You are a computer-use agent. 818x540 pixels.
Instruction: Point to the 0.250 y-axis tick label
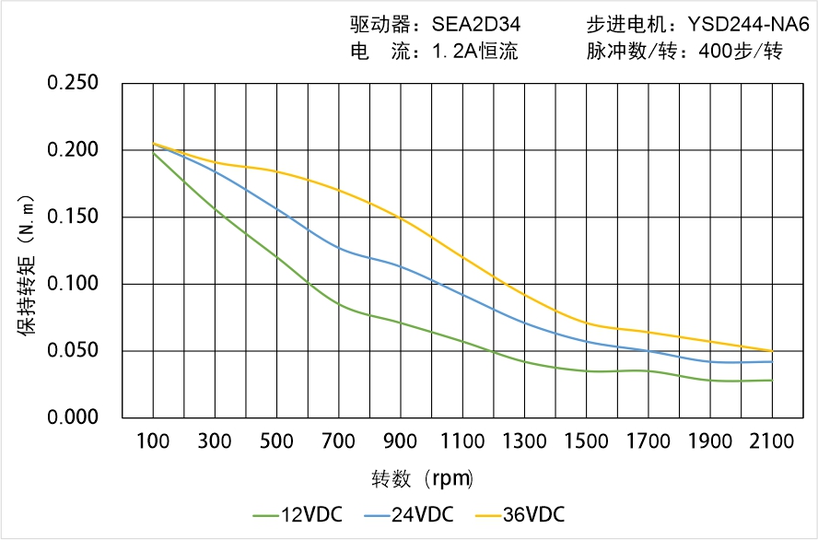pos(73,83)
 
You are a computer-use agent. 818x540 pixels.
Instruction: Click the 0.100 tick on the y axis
pos(73,284)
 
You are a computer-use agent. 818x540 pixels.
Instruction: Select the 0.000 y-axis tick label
pos(73,417)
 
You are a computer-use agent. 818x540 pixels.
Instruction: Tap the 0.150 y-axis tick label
pos(73,217)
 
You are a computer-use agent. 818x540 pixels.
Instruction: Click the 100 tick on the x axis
pos(153,441)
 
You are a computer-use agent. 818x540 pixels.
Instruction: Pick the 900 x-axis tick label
pos(400,441)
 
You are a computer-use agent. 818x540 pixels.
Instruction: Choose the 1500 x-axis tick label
pos(586,441)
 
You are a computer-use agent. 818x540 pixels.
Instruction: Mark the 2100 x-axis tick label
pos(772,441)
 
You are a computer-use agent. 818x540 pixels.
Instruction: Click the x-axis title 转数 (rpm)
pos(422,479)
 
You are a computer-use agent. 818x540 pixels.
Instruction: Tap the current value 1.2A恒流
pos(474,52)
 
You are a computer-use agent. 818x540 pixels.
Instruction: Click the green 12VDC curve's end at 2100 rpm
pos(772,381)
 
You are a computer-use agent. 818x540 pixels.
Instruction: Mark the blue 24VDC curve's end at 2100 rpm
pos(772,361)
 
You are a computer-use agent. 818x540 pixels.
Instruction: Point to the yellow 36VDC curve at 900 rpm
pos(400,217)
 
